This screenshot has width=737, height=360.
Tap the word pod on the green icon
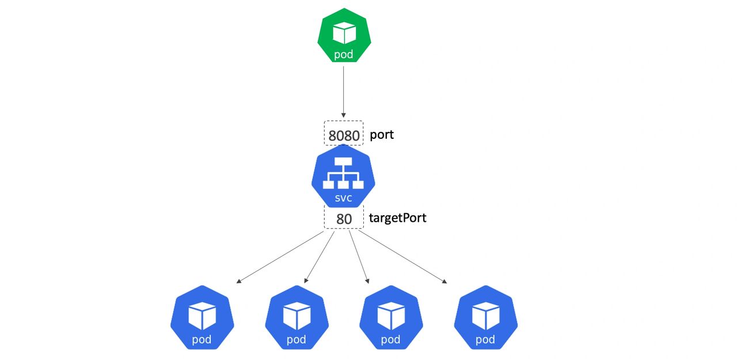tap(344, 55)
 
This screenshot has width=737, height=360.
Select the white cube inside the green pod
tap(344, 32)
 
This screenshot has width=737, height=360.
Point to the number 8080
tap(344, 136)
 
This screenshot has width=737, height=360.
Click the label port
tap(382, 135)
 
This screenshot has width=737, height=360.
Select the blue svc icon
tap(343, 177)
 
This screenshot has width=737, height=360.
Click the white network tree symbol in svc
tap(343, 175)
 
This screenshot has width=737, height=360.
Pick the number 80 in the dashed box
tap(344, 219)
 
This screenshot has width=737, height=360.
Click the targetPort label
tap(397, 218)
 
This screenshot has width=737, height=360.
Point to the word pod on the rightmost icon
tap(485, 340)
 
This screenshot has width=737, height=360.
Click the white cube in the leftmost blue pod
tap(202, 316)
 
